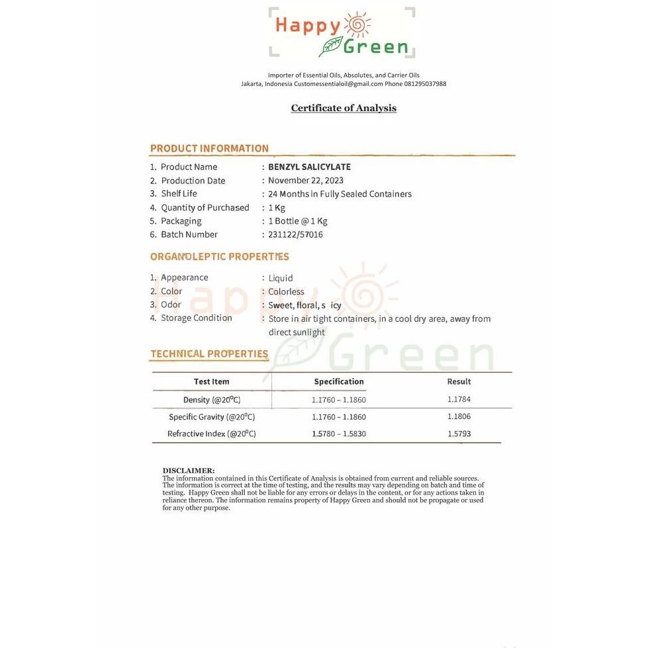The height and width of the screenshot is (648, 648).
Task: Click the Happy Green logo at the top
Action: [342, 32]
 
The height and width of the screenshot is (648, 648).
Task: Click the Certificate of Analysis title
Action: [344, 108]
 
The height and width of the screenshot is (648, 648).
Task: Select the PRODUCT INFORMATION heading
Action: [209, 148]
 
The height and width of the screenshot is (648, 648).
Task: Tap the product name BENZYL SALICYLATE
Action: [309, 167]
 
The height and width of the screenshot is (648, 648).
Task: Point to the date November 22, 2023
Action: [306, 181]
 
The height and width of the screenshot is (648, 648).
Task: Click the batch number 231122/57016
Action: [295, 234]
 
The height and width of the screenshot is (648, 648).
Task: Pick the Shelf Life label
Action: [179, 194]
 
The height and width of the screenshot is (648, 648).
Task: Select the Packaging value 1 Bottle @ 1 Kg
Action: [298, 221]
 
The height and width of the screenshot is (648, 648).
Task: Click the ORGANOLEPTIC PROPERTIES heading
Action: [219, 257]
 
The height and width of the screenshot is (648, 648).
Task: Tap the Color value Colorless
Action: [286, 292]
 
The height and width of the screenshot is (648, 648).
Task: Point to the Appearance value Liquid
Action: [281, 278]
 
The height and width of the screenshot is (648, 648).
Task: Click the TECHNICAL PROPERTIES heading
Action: [209, 353]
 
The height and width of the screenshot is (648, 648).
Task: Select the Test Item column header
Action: [212, 381]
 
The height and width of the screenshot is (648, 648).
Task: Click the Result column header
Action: [459, 381]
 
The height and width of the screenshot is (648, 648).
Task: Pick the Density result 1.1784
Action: [459, 399]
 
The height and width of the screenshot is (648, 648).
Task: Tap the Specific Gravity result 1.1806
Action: [459, 416]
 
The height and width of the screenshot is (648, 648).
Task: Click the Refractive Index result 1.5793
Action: [459, 434]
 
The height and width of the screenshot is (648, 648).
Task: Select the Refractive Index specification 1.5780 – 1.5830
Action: [339, 434]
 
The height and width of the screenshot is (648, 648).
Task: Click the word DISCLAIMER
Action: [188, 471]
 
